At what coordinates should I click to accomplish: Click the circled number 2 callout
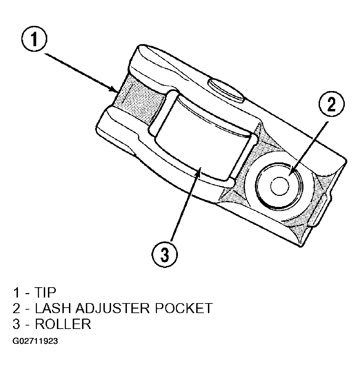(331, 104)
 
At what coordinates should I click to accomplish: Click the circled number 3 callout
(164, 254)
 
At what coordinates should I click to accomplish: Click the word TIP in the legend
(45, 293)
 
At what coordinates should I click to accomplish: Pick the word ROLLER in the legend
(63, 324)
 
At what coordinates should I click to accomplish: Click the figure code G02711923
(35, 341)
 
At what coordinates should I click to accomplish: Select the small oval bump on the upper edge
(226, 90)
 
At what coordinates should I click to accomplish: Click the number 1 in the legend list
(17, 293)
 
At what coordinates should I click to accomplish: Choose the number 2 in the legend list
(17, 308)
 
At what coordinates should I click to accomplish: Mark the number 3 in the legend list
(17, 324)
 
